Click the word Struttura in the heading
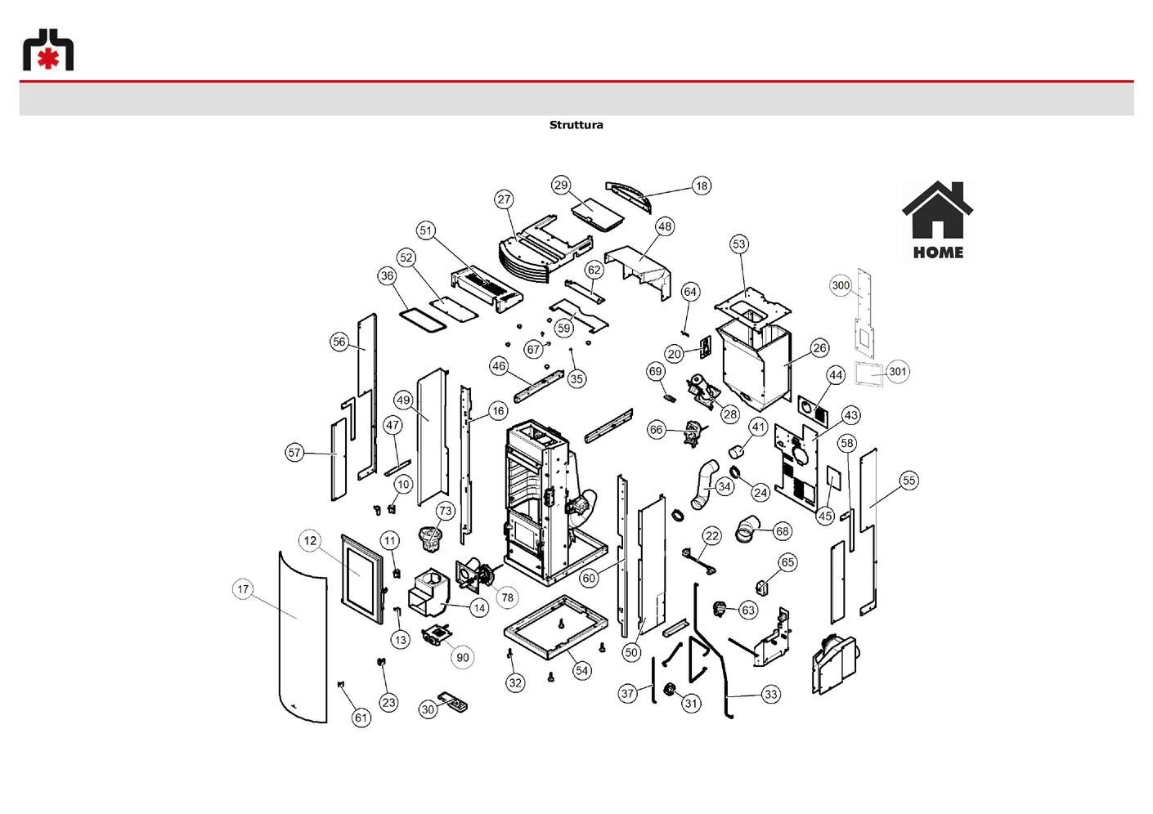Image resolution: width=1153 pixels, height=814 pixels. click(x=576, y=125)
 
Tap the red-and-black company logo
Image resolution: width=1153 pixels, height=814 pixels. click(x=48, y=49)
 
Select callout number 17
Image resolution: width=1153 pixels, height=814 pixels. click(x=243, y=589)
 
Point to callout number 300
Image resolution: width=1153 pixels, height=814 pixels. click(x=841, y=285)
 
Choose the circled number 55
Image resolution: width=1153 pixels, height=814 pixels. click(x=909, y=481)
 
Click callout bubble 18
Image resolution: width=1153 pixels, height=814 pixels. click(x=702, y=186)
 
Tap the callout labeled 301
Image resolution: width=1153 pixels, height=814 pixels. click(x=897, y=372)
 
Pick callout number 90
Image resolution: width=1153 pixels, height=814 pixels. click(x=463, y=658)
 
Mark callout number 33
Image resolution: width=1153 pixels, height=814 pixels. click(x=770, y=695)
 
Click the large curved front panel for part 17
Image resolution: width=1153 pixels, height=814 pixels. click(x=303, y=637)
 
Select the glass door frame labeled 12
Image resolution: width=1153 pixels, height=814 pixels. click(x=362, y=579)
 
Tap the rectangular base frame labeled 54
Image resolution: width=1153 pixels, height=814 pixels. click(x=556, y=628)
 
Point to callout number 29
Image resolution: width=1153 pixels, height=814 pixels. click(x=560, y=186)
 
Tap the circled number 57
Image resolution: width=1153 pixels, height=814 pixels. click(x=294, y=453)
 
